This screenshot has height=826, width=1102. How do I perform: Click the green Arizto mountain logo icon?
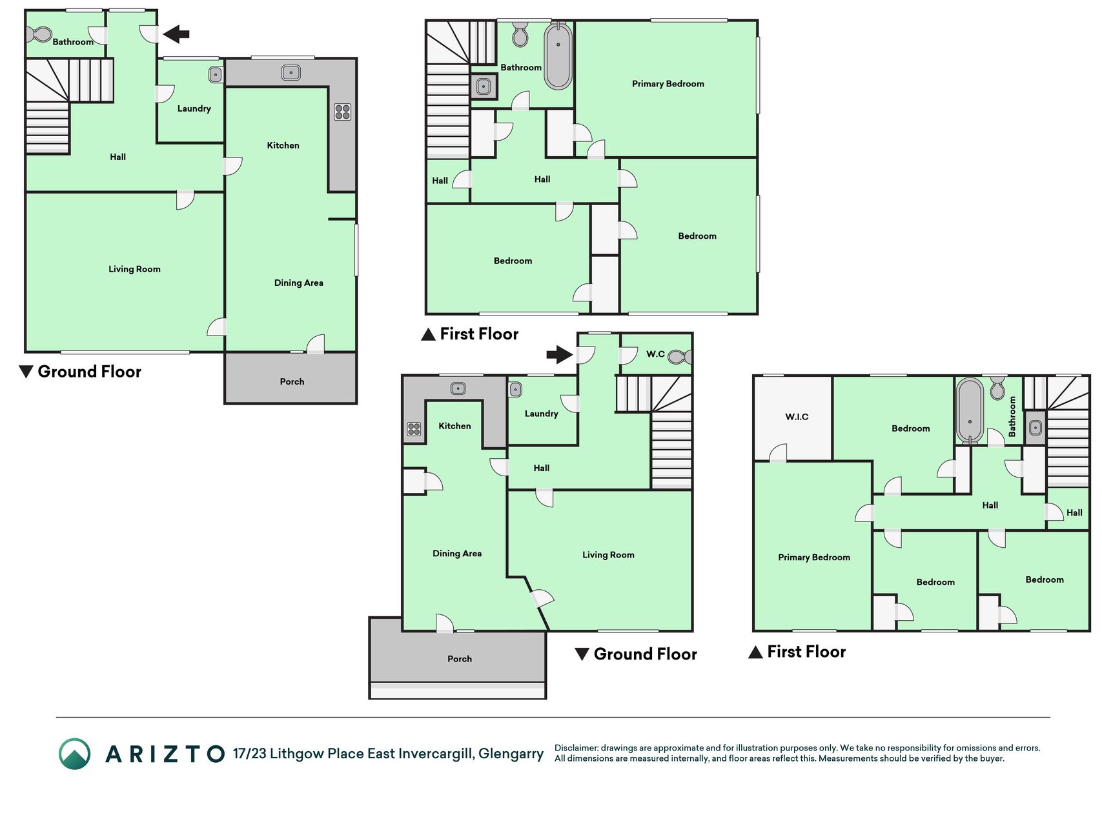click(x=75, y=754)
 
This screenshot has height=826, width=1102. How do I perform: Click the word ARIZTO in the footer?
click(x=165, y=754)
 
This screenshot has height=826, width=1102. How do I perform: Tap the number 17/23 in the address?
click(x=249, y=754)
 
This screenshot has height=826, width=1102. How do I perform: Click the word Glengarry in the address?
click(x=511, y=754)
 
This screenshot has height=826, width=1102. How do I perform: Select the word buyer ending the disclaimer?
click(x=991, y=758)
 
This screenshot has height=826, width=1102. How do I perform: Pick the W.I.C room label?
click(x=797, y=417)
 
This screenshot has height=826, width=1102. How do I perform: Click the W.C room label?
click(x=655, y=354)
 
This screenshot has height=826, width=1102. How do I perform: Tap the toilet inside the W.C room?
click(x=680, y=356)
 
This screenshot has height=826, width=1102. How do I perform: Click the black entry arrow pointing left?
click(x=176, y=34)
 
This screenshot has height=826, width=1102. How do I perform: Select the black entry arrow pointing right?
click(x=560, y=354)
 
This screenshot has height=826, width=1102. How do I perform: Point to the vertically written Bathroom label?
click(x=1012, y=416)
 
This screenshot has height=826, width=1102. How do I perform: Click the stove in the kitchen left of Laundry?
click(x=414, y=428)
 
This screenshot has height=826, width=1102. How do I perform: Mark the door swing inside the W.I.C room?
click(x=778, y=452)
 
